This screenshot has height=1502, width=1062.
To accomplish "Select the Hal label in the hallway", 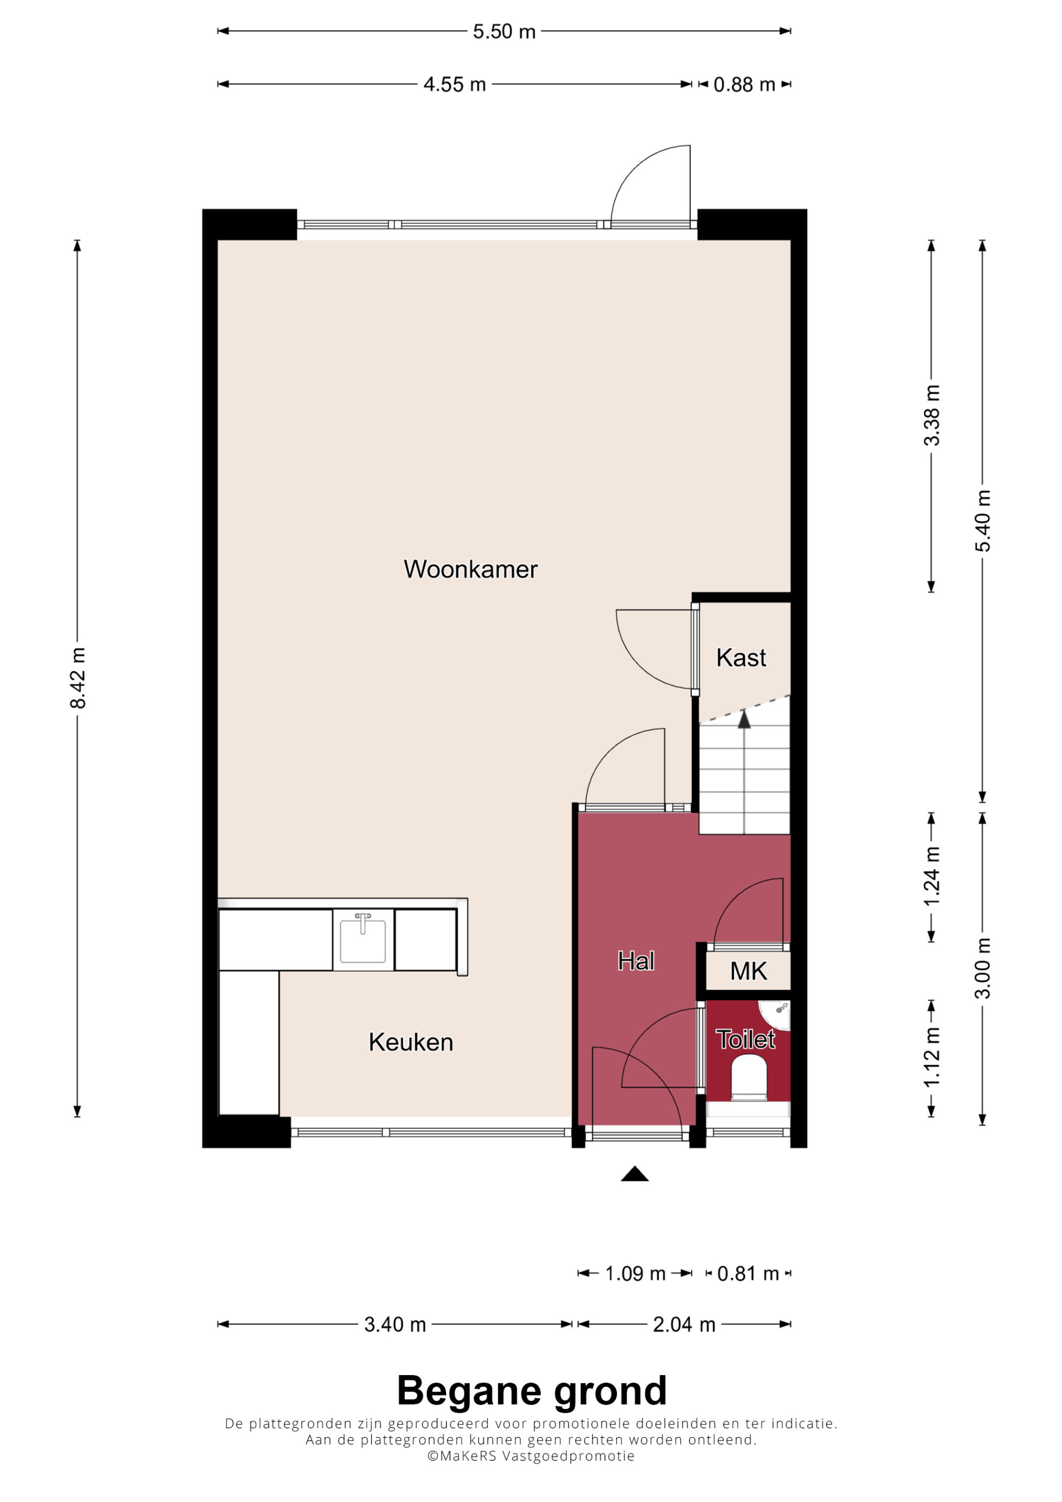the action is [x=636, y=961].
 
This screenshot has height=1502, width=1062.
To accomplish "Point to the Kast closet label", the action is [x=741, y=658].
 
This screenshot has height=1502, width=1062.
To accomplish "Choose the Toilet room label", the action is [x=746, y=1040].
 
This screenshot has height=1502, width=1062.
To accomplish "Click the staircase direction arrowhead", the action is [x=744, y=720].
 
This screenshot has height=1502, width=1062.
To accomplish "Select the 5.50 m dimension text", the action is [x=504, y=31].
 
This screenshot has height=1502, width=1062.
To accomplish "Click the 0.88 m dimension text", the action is [x=744, y=84].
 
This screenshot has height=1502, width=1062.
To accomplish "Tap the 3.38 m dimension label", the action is [x=932, y=416].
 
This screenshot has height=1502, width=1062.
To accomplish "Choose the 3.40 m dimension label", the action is [x=395, y=1325].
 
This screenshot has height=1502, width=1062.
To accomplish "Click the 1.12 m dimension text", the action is [x=932, y=1057].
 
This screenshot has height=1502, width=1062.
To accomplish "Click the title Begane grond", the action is [x=532, y=1390].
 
